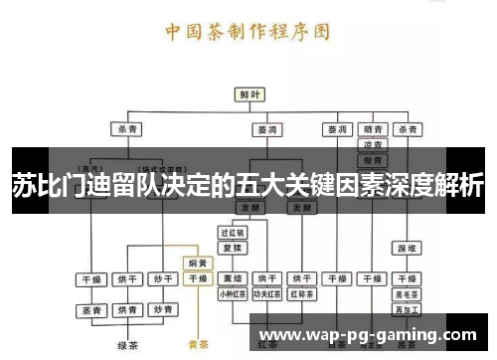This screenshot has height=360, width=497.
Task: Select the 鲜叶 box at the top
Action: point(249,94)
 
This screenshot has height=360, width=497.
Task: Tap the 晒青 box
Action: point(372,129)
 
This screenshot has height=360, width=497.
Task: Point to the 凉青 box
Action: point(372,145)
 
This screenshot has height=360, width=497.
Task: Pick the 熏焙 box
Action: point(233,278)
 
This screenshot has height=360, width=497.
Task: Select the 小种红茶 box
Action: point(233,294)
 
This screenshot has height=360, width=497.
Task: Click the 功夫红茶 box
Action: point(267,294)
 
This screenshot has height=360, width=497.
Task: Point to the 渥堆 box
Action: point(405,247)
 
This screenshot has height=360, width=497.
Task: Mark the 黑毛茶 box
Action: point(405,294)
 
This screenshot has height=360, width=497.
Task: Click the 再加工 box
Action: point(405,310)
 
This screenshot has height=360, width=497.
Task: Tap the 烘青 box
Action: point(127,310)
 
